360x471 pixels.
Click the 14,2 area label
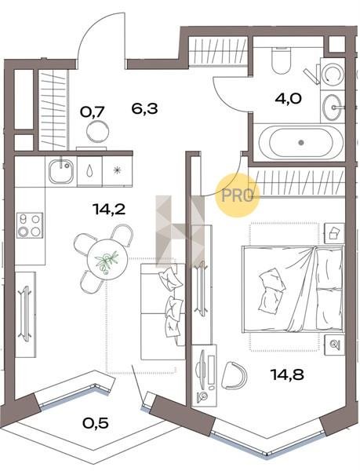(109, 209)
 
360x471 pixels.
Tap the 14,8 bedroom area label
(287, 374)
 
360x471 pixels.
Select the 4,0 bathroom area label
(288, 98)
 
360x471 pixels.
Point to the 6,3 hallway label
(144, 108)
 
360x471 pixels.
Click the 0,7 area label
(92, 112)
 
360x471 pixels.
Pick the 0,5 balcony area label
(96, 423)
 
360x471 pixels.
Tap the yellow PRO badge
(238, 195)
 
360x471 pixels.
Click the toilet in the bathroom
(281, 61)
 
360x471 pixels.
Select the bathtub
(299, 143)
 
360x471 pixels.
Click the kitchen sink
(61, 171)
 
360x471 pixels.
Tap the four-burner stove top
(29, 225)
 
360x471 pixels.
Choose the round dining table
(107, 260)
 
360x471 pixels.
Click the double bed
(293, 289)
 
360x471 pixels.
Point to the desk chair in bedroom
(235, 376)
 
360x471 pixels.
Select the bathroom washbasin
(333, 107)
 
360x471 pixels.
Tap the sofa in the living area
(162, 312)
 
